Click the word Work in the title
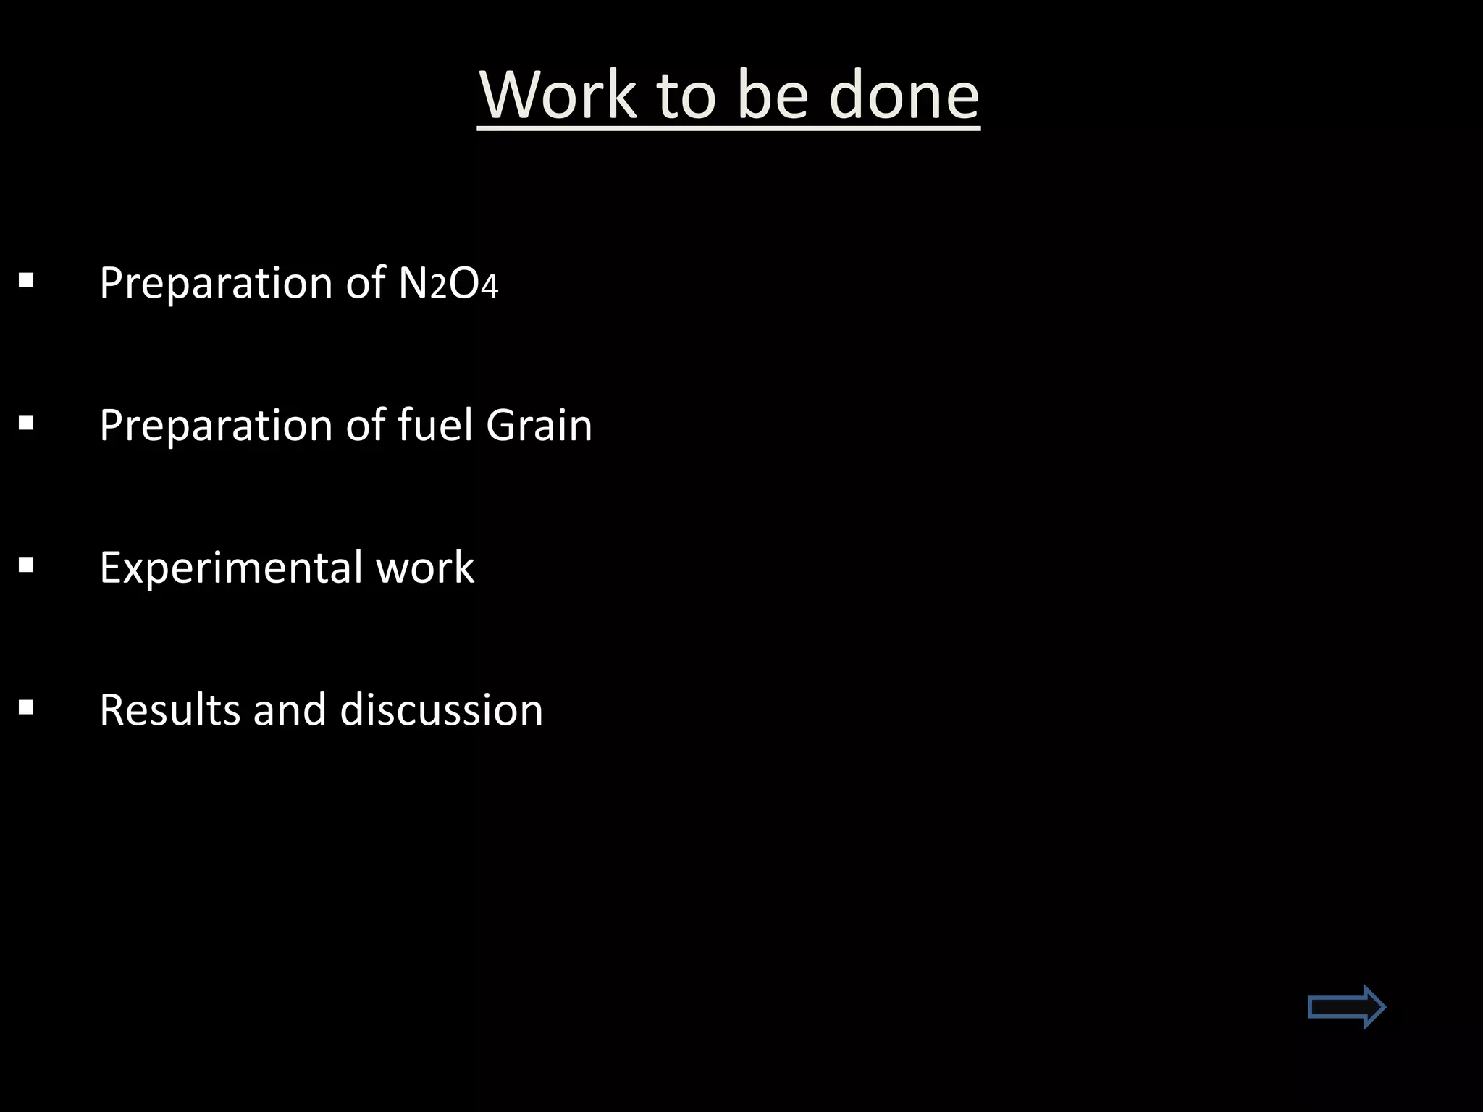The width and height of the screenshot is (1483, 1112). [558, 96]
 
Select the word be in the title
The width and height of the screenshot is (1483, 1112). [772, 96]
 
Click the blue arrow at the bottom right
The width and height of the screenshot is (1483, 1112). [1346, 1006]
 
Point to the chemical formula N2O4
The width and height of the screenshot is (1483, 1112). [448, 283]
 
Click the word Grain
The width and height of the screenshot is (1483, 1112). [539, 425]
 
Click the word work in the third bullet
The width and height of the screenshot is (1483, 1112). [425, 567]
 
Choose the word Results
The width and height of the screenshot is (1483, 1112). [169, 709]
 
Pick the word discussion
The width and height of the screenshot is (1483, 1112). [441, 709]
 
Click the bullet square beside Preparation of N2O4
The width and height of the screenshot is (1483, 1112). [27, 280]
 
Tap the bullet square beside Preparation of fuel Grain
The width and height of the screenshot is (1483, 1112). [27, 422]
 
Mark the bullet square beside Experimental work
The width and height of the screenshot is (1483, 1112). [27, 565]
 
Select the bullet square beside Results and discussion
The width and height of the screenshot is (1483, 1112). [27, 707]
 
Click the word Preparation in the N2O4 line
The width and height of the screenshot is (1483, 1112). [216, 283]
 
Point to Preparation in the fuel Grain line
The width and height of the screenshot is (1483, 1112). [216, 425]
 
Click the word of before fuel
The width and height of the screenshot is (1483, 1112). [366, 425]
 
